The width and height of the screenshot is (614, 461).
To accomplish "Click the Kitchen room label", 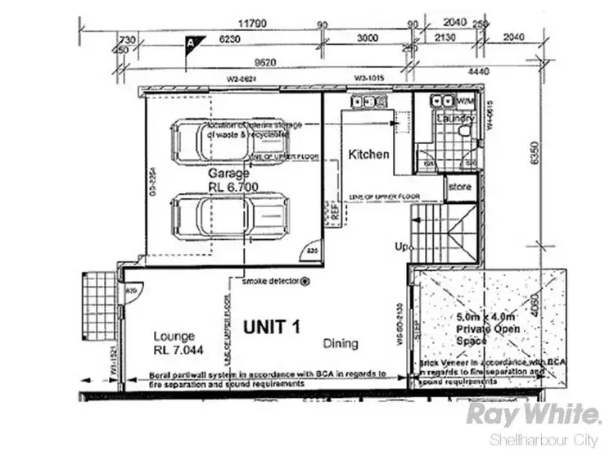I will pos(368,154).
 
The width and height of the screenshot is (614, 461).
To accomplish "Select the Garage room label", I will pos(228,174).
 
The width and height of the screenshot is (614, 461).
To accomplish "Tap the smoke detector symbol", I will pos(305,281).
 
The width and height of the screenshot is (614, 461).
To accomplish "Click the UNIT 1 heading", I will pos(273,327).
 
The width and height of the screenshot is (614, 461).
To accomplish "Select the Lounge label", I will pos(173,336).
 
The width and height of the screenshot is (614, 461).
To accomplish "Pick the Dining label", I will pos(340,343).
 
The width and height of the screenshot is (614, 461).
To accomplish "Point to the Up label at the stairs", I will pos(400,246).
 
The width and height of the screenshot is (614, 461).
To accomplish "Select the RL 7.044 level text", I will pos(178,350).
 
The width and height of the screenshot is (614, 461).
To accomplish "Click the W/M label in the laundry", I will pos(465,101).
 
